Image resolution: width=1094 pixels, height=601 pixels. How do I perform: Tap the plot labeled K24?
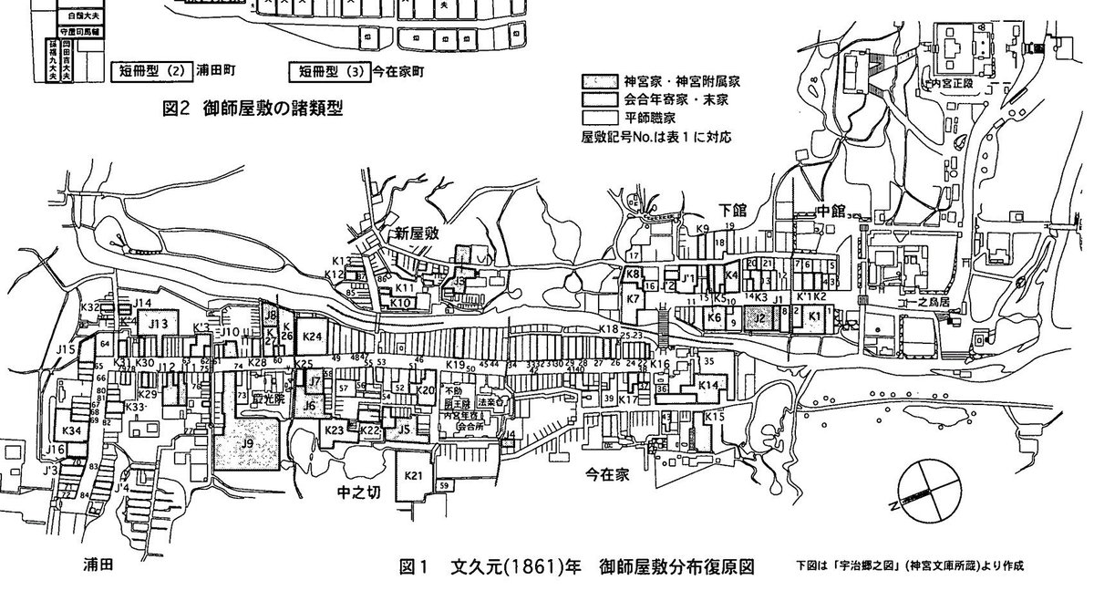312,337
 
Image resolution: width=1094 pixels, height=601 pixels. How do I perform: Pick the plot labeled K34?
71,430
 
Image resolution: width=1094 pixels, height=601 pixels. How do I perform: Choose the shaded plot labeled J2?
758,317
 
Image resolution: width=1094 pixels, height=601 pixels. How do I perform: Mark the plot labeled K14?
708,387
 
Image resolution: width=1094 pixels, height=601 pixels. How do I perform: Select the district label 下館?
732,210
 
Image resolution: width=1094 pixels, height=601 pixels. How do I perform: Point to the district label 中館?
831,211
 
